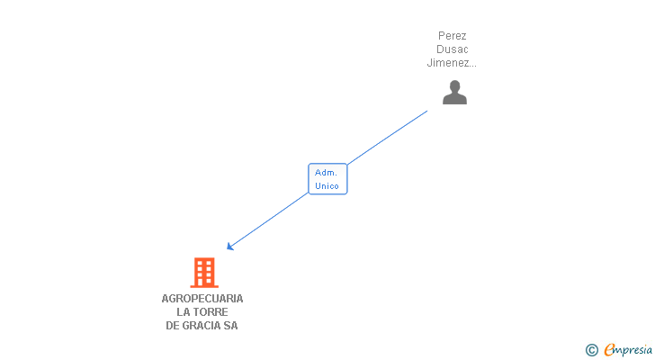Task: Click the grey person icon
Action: [454, 93]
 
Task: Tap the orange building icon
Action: [204, 272]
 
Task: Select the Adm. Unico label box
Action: [327, 179]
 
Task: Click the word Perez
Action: [452, 36]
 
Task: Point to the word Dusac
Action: [452, 49]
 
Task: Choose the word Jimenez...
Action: [449, 63]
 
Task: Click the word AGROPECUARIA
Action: [202, 299]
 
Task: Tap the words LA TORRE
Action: [202, 312]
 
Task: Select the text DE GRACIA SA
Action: [202, 326]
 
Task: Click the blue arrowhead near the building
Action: [230, 247]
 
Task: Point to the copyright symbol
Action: [592, 350]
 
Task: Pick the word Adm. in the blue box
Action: [326, 172]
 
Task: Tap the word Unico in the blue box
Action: [327, 186]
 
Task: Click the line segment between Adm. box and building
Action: [270, 220]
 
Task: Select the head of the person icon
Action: [454, 85]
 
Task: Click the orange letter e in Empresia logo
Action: [609, 350]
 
